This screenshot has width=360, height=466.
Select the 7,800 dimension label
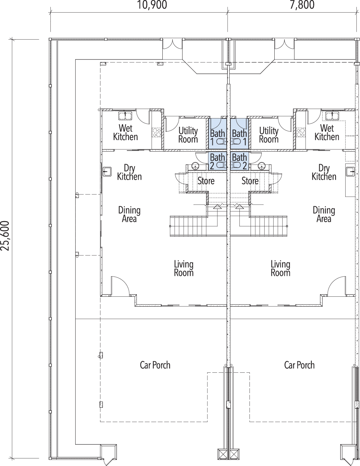(x=302, y=5)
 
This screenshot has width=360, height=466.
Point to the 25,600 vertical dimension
(x=5, y=236)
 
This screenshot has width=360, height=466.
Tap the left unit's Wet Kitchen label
(x=125, y=133)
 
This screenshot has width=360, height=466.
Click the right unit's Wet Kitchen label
(x=327, y=133)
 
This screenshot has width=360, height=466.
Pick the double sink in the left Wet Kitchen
(x=125, y=116)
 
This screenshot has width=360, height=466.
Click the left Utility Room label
(x=188, y=135)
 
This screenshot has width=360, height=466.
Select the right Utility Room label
(x=269, y=135)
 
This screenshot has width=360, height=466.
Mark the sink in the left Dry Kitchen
(x=107, y=171)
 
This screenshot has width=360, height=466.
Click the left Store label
(x=206, y=181)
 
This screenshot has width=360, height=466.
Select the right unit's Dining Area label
(x=324, y=214)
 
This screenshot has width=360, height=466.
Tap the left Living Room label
(x=184, y=268)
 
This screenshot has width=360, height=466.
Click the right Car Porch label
(x=300, y=365)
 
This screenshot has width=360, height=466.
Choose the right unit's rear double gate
(x=284, y=47)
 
